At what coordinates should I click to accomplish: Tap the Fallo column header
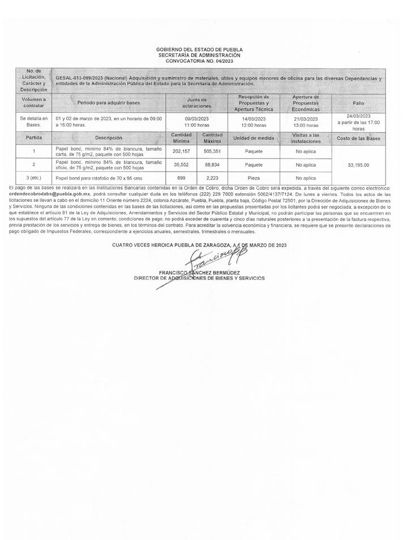point(358,103)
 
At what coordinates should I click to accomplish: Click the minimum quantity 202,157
point(181,151)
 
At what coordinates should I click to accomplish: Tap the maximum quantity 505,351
point(212,151)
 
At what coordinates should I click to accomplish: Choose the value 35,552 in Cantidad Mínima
point(181,164)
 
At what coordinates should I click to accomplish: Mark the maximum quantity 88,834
point(212,164)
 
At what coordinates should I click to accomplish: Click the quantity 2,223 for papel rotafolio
point(212,177)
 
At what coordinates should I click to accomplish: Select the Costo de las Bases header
point(358,138)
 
